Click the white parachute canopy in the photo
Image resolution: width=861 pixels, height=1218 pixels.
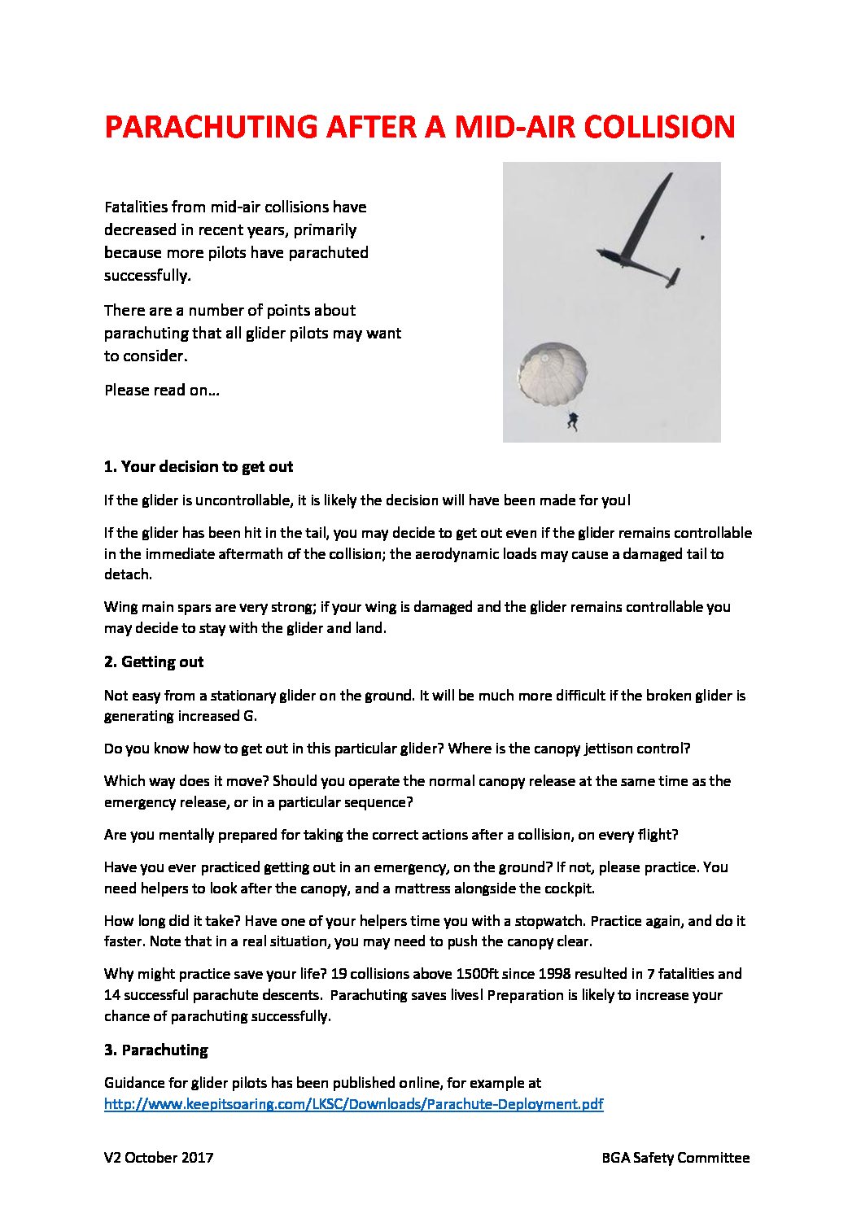pyautogui.click(x=553, y=373)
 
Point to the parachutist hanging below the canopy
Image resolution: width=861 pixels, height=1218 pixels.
pyautogui.click(x=574, y=421)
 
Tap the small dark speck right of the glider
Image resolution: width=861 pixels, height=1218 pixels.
pyautogui.click(x=701, y=238)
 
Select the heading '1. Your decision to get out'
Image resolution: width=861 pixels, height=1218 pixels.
pyautogui.click(x=199, y=467)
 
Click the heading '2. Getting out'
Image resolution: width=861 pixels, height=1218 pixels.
pyautogui.click(x=154, y=662)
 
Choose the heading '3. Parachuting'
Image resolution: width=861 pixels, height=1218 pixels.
pyautogui.click(x=155, y=1050)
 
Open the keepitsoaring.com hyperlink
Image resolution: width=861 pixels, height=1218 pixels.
pyautogui.click(x=353, y=1104)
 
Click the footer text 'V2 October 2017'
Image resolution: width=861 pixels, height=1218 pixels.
pyautogui.click(x=159, y=1158)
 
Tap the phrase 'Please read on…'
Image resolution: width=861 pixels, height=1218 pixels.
pyautogui.click(x=162, y=391)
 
